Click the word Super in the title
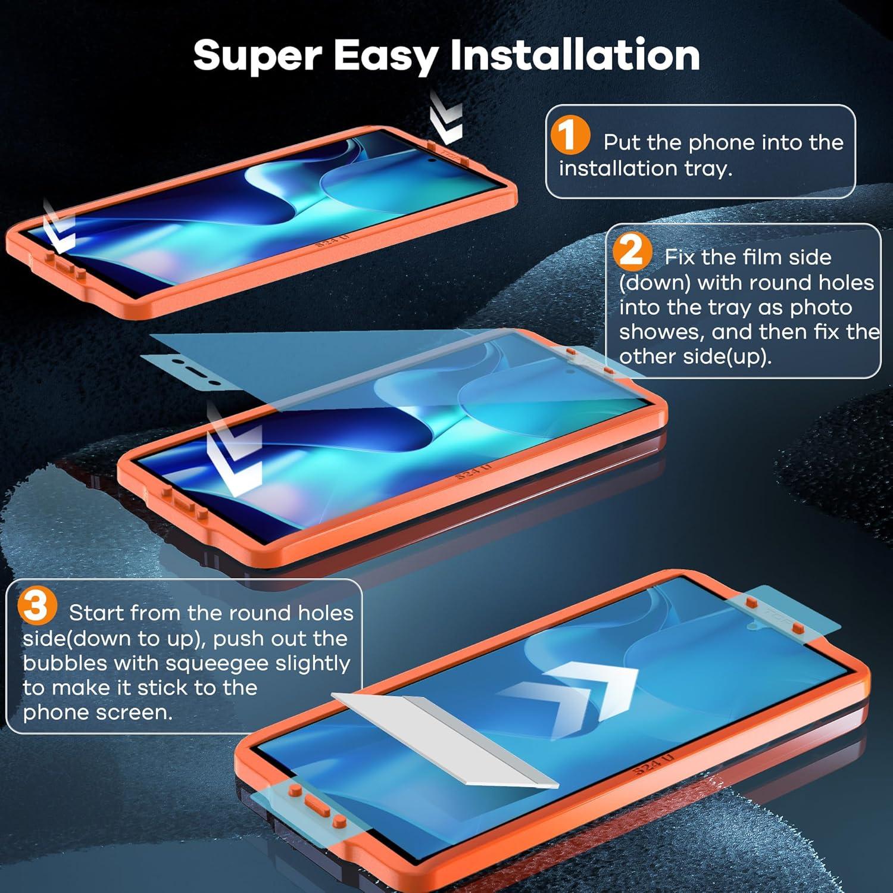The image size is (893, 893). (x=257, y=55)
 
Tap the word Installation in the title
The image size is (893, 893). (x=574, y=55)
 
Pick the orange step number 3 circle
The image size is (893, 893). (x=37, y=607)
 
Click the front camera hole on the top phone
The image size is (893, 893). (x=430, y=160)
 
